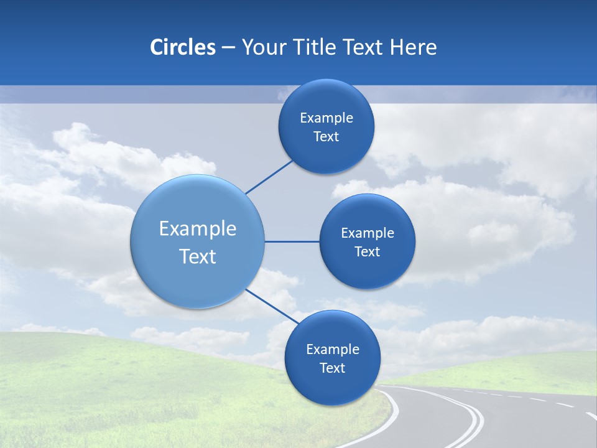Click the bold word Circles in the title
182,47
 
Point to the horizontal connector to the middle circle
292,241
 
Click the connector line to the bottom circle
272,306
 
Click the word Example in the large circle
198,229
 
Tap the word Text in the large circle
198,256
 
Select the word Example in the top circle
326,118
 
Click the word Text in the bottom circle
332,368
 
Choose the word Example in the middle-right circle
368,233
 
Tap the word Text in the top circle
326,137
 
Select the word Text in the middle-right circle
367,252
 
